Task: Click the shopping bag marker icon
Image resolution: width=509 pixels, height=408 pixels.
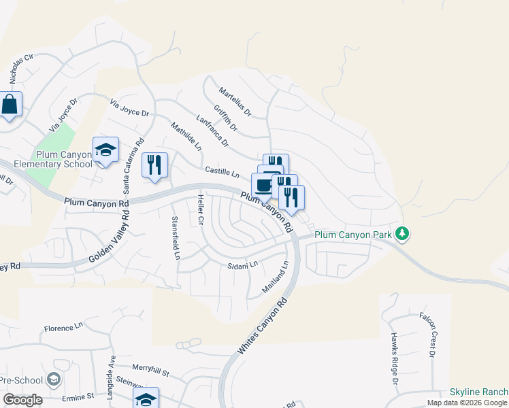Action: [x=10, y=105]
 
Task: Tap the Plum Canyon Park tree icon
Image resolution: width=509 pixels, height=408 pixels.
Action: [x=403, y=234]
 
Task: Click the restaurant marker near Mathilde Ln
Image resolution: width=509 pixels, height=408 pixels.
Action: [x=154, y=165]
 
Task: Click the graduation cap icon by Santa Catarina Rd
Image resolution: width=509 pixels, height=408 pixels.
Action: [x=105, y=150]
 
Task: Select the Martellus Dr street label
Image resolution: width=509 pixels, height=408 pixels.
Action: [x=235, y=101]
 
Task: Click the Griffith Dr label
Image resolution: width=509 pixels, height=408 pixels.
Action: [x=225, y=118]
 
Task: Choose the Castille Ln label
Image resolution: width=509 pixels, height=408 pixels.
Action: [x=222, y=172]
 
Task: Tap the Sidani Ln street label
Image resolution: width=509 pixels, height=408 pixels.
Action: [x=244, y=264]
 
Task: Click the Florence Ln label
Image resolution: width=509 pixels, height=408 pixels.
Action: [x=63, y=328]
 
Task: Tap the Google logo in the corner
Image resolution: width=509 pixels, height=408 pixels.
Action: [x=22, y=400]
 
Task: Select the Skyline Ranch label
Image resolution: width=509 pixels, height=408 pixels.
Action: [x=479, y=392]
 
